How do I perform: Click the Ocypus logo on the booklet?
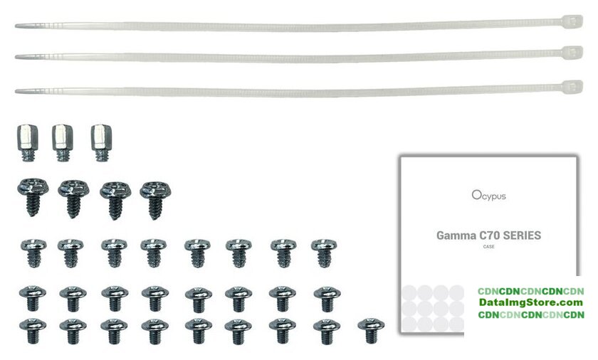click(x=488, y=194)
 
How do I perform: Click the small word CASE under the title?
click(x=488, y=247)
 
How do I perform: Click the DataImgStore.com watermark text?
click(x=530, y=303)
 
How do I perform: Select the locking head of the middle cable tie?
click(x=572, y=53)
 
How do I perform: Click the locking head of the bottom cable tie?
click(x=572, y=87)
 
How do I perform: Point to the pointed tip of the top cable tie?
click(x=17, y=26)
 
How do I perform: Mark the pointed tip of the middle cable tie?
click(x=17, y=56)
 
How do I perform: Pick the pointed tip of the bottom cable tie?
click(x=17, y=91)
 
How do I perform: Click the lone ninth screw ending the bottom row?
click(x=369, y=330)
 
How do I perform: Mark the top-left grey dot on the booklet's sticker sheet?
click(x=409, y=292)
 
